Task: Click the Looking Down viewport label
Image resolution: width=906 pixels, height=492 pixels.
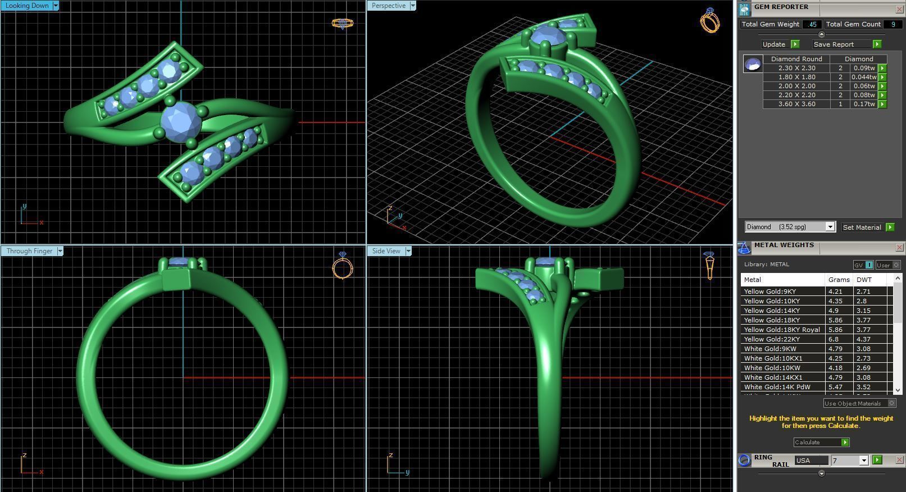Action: point(26,6)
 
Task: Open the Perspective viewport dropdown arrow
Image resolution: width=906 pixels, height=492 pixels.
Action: point(413,6)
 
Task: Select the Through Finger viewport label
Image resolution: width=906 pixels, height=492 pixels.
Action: point(29,251)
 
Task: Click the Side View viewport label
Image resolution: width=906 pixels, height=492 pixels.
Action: point(386,251)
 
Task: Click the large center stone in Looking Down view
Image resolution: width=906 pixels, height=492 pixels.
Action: point(181,120)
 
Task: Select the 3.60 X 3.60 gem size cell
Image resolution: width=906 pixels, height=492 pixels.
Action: point(796,104)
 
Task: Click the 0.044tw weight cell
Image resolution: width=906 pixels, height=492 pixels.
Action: point(863,77)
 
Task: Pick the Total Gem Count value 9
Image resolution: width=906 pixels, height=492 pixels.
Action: point(893,24)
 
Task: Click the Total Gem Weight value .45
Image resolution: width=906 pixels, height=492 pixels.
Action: point(812,24)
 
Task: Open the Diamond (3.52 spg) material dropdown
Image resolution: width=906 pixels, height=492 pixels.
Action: point(830,227)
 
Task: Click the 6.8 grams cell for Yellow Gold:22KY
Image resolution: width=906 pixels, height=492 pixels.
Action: point(834,339)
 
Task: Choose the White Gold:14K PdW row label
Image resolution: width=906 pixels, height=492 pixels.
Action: point(777,387)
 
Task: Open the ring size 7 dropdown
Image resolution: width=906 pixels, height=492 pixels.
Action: point(864,461)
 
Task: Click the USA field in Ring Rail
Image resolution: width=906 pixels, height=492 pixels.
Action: point(811,461)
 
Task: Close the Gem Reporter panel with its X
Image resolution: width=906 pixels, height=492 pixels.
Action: point(899,9)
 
